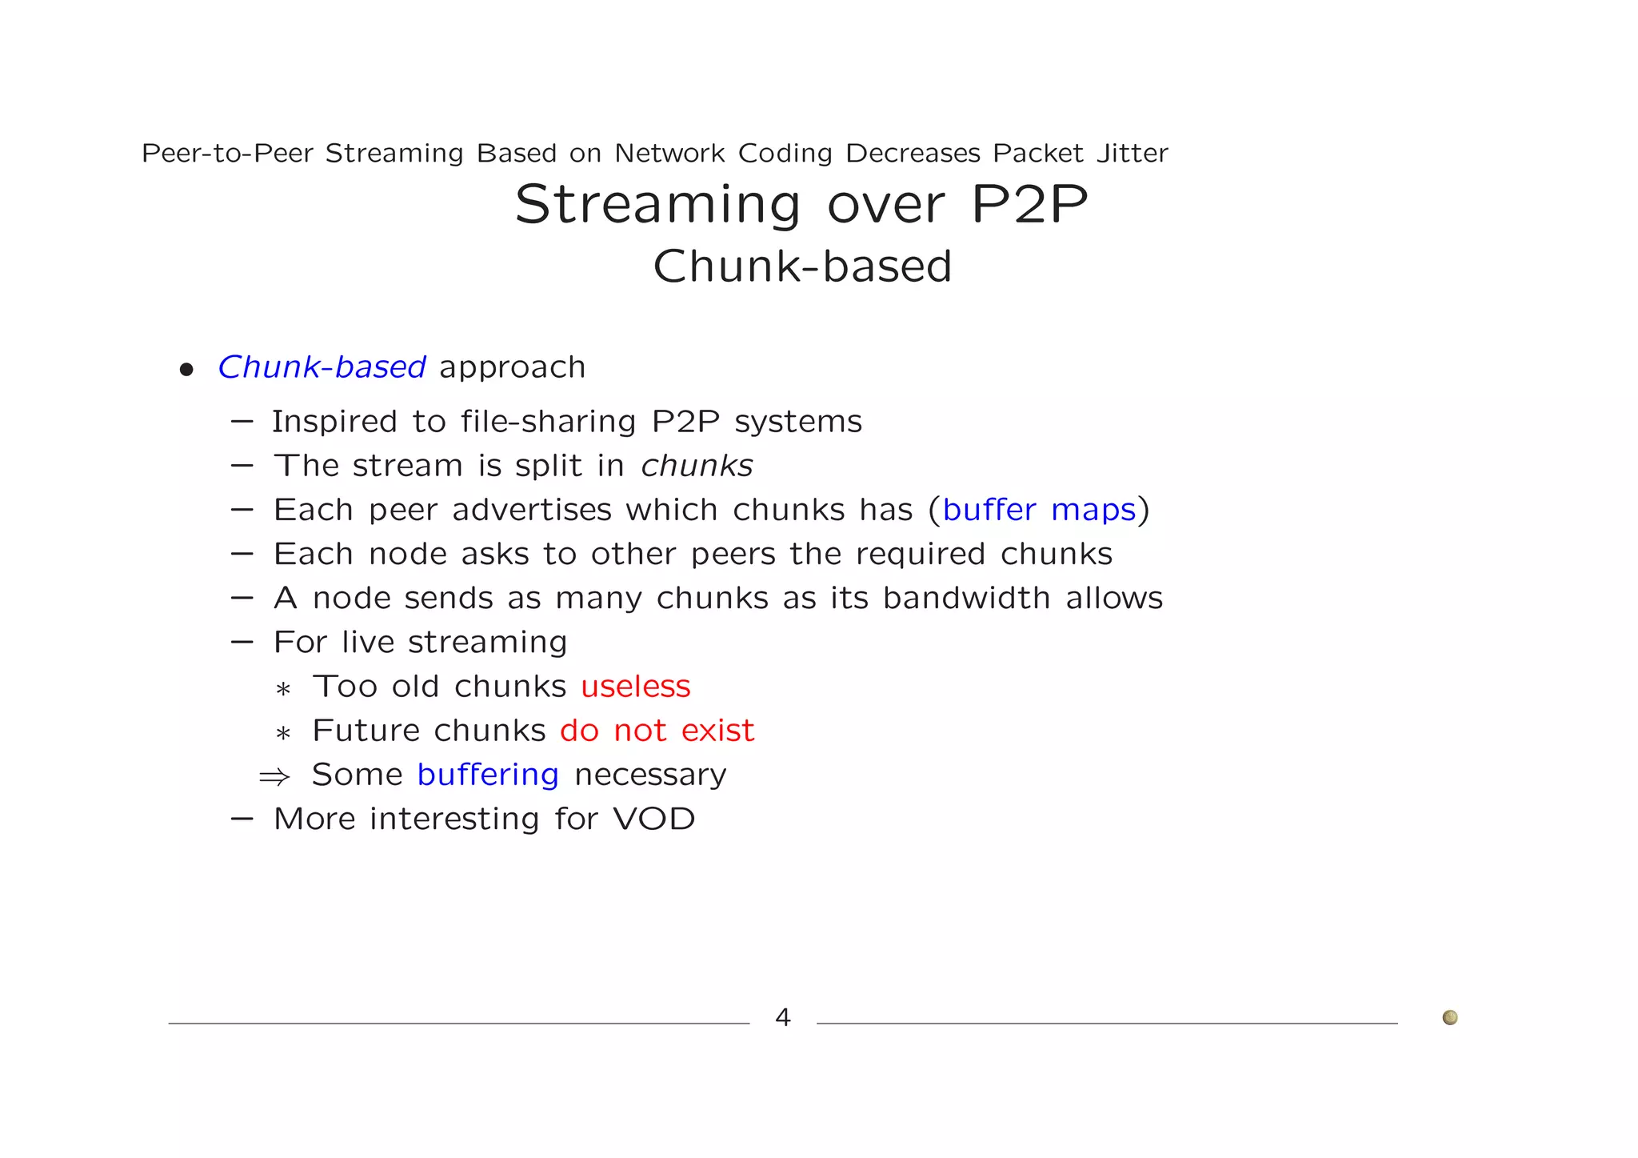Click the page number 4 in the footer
pos(783,1017)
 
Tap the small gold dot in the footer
pos(1449,1017)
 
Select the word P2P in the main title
pos(1029,205)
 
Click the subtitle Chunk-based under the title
pos(802,266)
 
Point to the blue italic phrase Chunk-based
pos(322,367)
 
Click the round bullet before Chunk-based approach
pos(186,370)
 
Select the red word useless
pos(635,687)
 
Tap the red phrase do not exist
pos(657,731)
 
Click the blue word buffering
pos(488,775)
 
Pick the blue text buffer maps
pos(1039,510)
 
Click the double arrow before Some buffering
pos(274,776)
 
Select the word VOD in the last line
pos(654,819)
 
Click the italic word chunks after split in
pos(697,466)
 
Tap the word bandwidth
pos(966,598)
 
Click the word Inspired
pos(334,422)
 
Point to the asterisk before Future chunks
pos(282,733)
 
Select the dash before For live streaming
pos(242,642)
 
